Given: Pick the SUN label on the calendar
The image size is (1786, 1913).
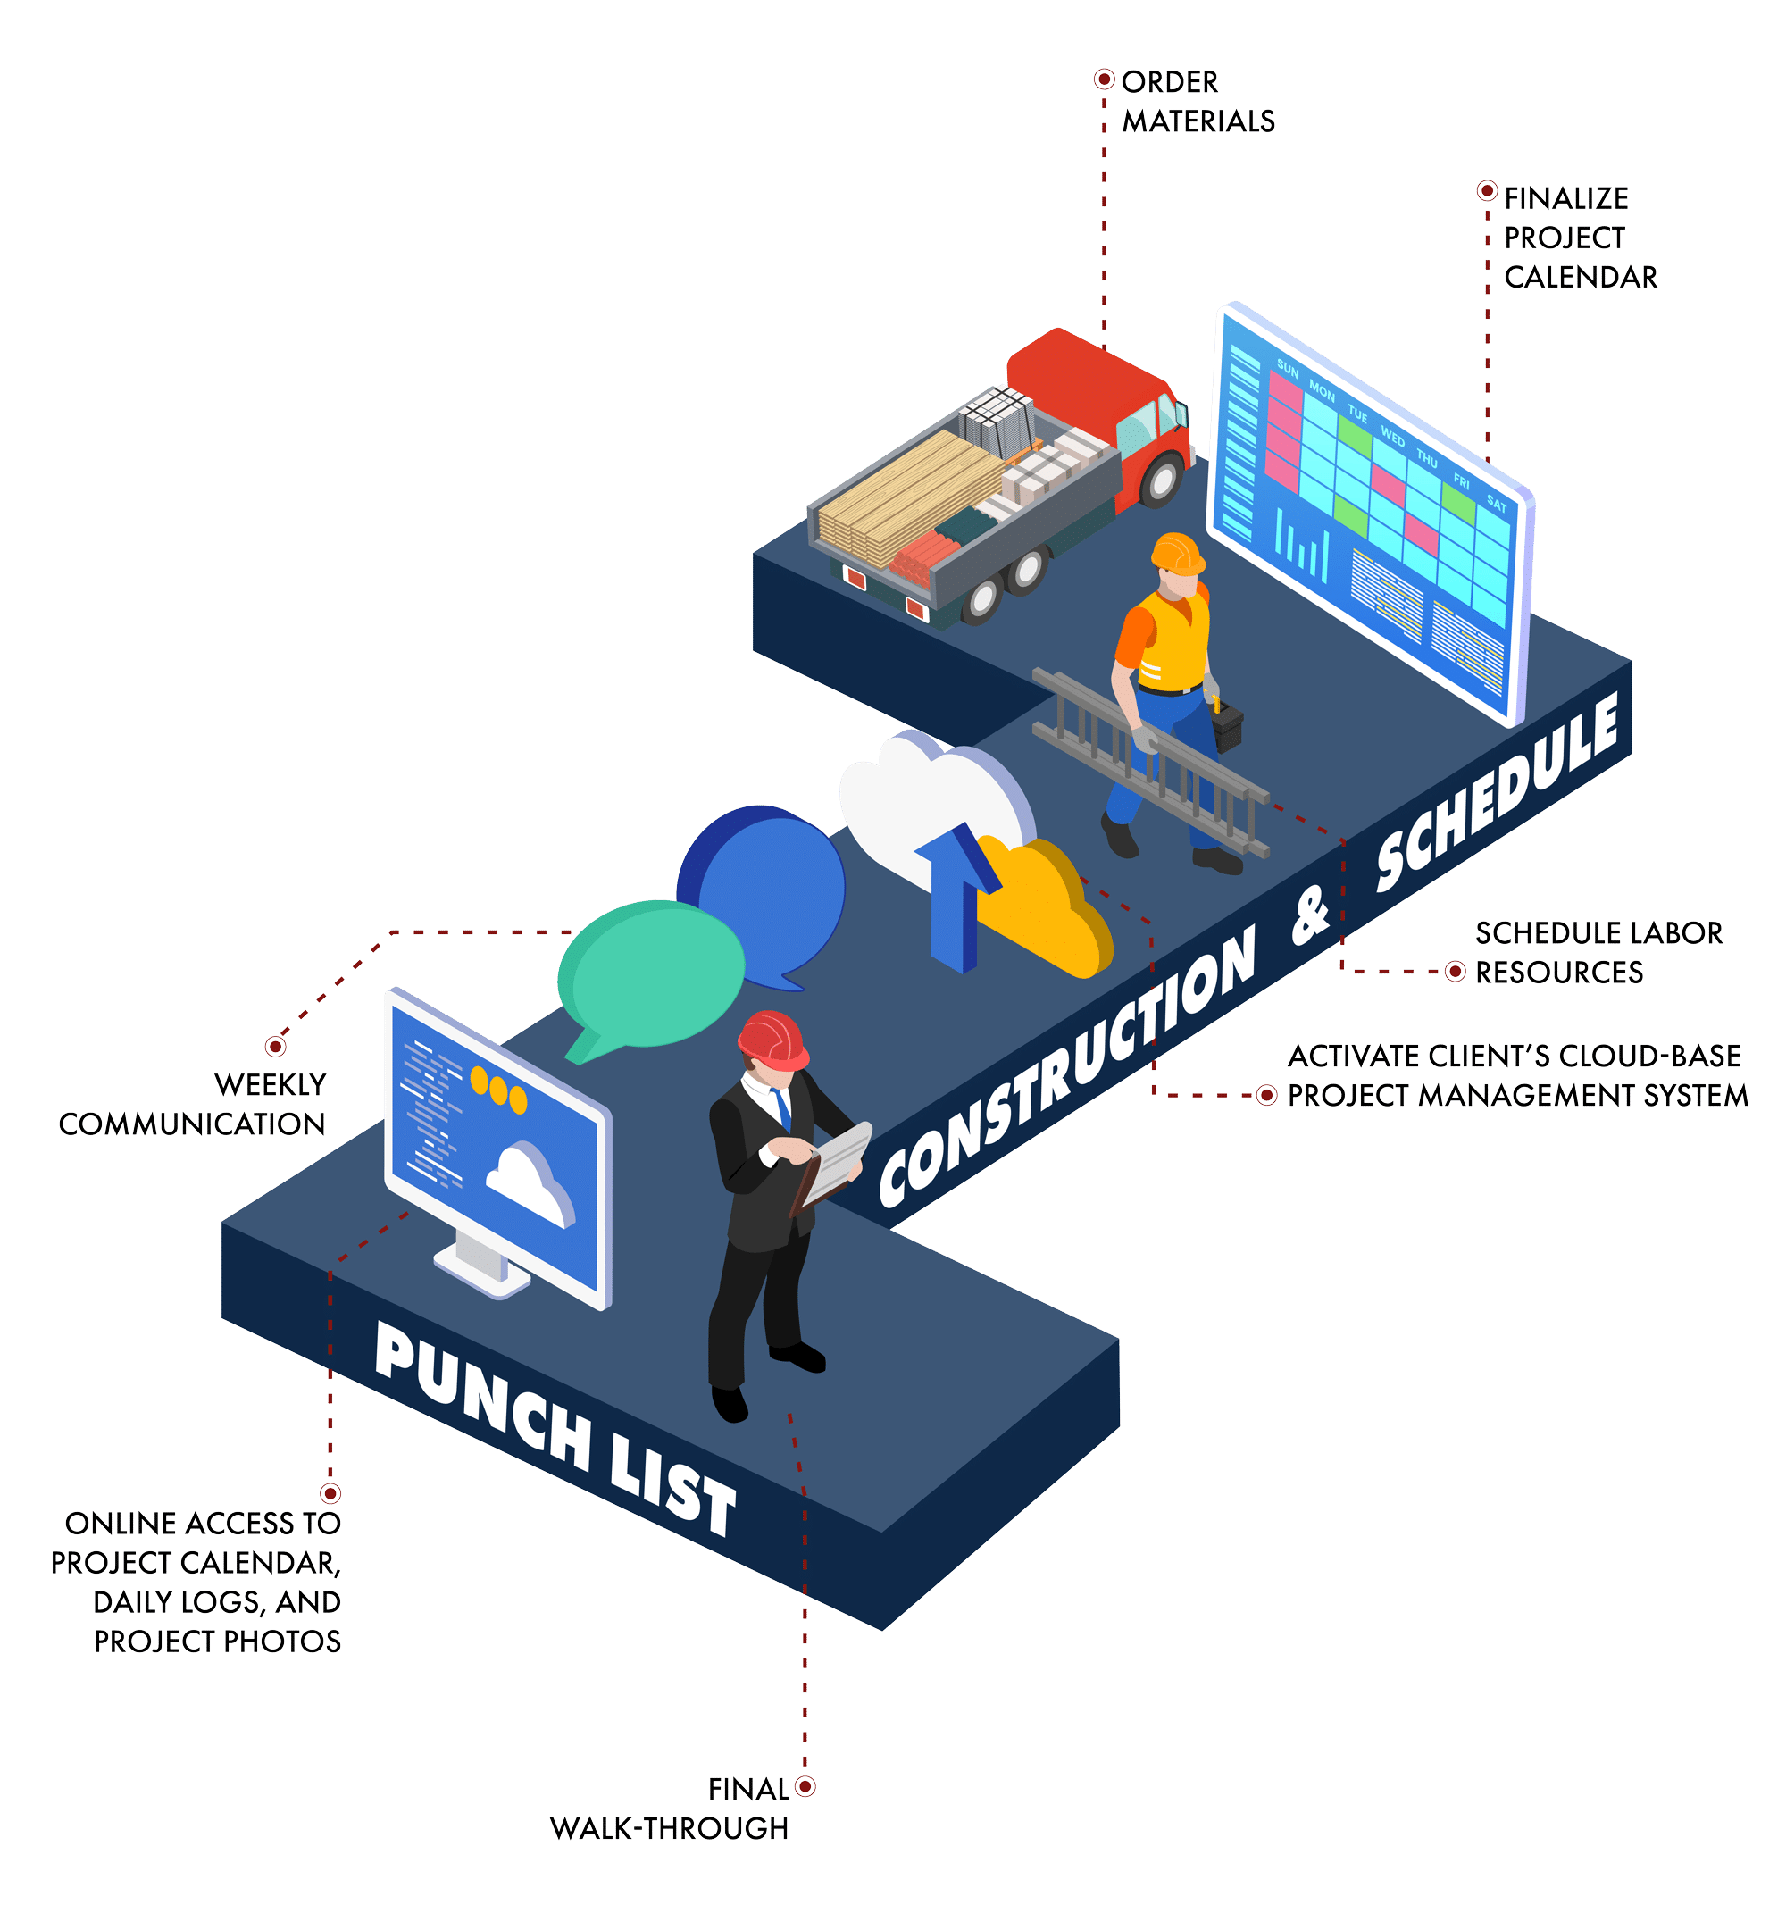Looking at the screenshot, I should (1288, 371).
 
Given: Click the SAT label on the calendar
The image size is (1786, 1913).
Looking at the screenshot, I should (1497, 502).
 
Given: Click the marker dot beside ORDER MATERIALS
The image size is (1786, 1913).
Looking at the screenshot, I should (1104, 79).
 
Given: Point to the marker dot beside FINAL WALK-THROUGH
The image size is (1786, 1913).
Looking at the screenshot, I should (805, 1787).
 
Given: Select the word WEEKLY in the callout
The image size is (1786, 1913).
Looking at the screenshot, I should (271, 1084).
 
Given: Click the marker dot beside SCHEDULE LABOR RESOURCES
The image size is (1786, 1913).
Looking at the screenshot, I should (1456, 972).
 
